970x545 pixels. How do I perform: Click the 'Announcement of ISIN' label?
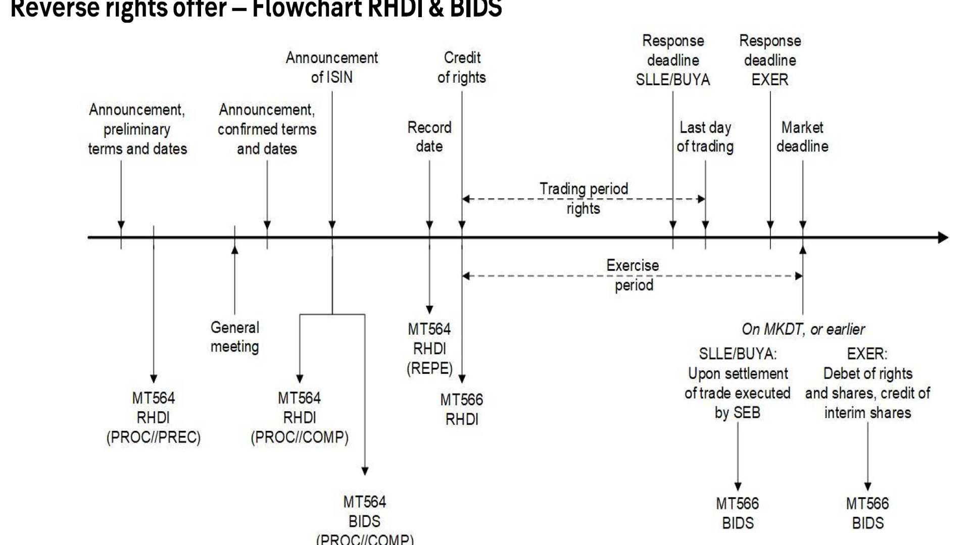[x=331, y=68]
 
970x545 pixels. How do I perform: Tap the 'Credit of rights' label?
[x=462, y=68]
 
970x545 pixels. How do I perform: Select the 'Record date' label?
[x=429, y=137]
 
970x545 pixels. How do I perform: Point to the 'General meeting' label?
[x=235, y=337]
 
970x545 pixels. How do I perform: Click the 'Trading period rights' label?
[x=584, y=198]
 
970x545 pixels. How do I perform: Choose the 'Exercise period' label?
[x=633, y=276]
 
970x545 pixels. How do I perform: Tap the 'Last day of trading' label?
[x=705, y=137]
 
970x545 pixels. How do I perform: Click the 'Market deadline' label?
[x=802, y=137]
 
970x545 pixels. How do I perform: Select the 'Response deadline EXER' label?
[x=770, y=60]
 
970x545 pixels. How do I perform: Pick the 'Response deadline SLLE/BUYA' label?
[x=673, y=60]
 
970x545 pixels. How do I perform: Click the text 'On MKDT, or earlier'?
[x=803, y=330]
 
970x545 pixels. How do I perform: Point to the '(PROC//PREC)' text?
[x=154, y=437]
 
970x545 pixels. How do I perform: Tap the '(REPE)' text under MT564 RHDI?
[x=429, y=368]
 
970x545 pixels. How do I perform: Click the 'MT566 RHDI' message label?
[x=462, y=409]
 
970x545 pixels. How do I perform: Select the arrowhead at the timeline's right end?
[x=943, y=237]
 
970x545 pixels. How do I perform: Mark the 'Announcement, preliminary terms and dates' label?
[x=137, y=129]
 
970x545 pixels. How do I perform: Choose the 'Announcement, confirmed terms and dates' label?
[x=267, y=129]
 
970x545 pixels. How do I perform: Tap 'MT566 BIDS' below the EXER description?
[x=867, y=513]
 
